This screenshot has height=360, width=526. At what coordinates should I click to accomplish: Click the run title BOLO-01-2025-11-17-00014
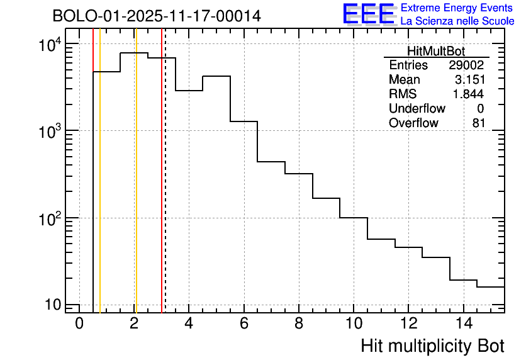click(157, 16)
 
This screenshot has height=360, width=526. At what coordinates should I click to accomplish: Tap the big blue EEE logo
click(369, 14)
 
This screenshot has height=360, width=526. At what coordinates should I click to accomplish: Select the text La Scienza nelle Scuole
click(457, 21)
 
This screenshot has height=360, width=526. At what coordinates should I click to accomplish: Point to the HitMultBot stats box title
click(436, 52)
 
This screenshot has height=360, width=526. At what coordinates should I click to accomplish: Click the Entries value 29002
click(466, 65)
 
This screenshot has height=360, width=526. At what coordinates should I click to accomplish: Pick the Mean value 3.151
click(469, 80)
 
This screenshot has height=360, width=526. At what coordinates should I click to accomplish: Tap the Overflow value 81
click(478, 123)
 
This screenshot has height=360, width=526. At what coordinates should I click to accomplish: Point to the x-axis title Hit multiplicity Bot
click(432, 346)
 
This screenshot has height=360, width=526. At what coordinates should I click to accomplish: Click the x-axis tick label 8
click(298, 323)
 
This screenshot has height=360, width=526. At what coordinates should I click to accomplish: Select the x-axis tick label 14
click(462, 323)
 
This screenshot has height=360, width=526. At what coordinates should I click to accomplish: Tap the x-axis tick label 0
click(79, 323)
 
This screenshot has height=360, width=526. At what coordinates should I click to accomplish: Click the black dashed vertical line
click(165, 189)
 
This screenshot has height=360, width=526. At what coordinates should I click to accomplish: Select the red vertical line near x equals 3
click(162, 189)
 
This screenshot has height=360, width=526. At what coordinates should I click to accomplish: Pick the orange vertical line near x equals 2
click(135, 189)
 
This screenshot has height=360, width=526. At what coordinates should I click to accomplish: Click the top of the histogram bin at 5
click(216, 76)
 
